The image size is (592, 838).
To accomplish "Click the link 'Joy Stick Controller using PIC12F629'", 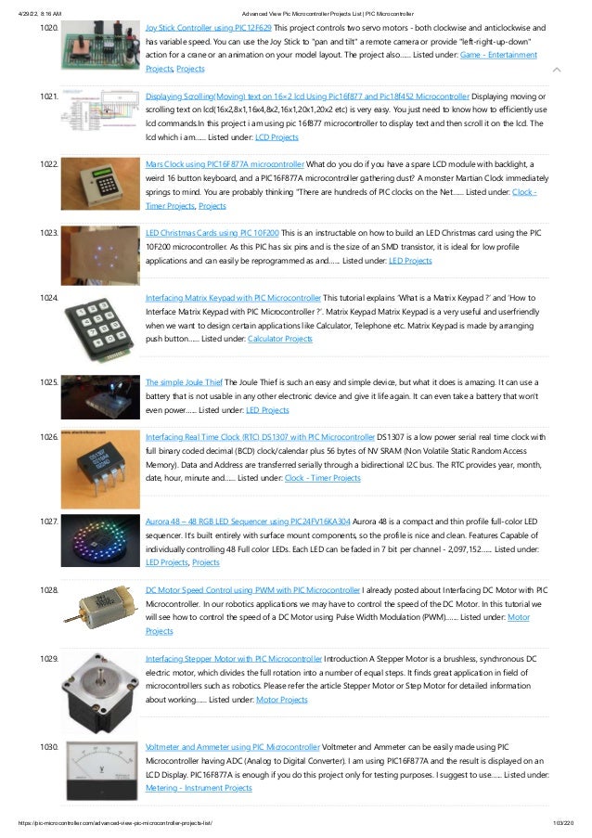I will click(205, 29).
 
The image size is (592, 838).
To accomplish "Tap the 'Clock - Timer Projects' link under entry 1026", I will click(322, 477).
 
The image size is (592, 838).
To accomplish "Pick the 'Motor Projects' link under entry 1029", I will click(281, 700).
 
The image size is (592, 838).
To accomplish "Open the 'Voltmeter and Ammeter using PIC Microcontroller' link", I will click(232, 746).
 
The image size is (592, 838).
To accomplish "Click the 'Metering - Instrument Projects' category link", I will click(199, 788).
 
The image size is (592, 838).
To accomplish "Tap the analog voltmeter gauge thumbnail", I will click(98, 770).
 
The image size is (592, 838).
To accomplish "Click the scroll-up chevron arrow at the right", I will click(555, 70).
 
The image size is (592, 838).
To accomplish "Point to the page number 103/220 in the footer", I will click(563, 823).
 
